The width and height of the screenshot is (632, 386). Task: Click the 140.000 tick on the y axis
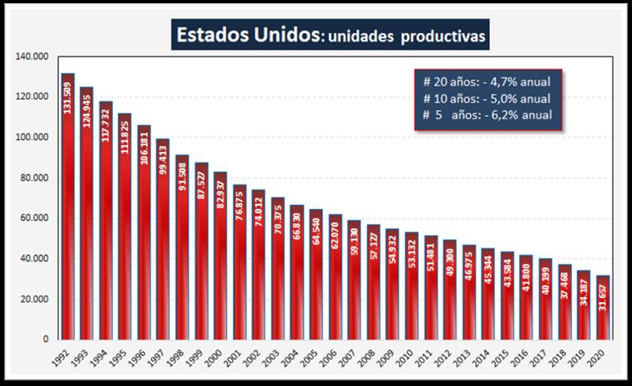pos(34,57)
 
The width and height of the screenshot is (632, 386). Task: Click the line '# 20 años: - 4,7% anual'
pos(487,81)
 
